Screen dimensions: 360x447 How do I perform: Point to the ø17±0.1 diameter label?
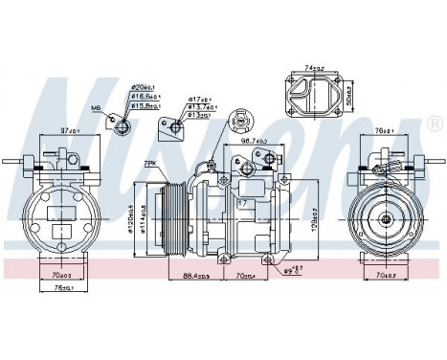tap(199, 100)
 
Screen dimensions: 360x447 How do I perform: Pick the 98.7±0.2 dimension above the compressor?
tap(254, 141)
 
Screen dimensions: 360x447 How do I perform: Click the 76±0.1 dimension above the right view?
tap(388, 129)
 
